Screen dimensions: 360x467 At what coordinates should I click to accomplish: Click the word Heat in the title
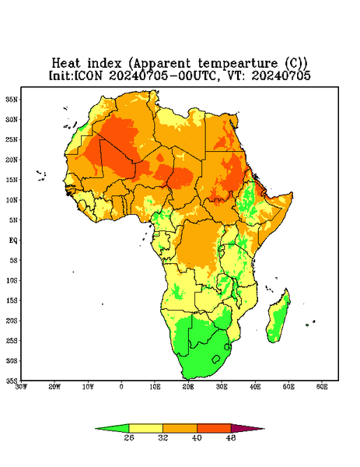66,64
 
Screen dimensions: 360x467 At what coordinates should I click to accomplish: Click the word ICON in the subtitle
88,75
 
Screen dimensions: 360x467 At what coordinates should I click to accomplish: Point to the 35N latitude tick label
12,99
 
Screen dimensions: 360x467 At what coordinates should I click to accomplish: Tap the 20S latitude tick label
12,321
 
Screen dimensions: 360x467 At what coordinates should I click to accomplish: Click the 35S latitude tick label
12,381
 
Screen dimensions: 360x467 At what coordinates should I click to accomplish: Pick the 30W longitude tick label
22,387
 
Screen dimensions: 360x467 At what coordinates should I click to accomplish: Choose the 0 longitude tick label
121,387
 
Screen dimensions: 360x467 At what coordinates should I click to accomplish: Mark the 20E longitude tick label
188,387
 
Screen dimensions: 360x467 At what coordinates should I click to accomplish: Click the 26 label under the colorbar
129,437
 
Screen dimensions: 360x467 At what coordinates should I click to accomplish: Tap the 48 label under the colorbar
231,437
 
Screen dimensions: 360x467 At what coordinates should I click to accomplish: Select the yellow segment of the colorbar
145,428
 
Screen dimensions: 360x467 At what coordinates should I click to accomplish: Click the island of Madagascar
278,318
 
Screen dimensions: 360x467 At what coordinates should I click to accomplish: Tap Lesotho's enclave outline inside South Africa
216,359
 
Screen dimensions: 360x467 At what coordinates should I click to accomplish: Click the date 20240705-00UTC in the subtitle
163,75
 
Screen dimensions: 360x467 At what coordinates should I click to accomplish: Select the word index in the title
105,64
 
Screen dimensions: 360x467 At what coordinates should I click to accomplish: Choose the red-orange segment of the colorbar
214,428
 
